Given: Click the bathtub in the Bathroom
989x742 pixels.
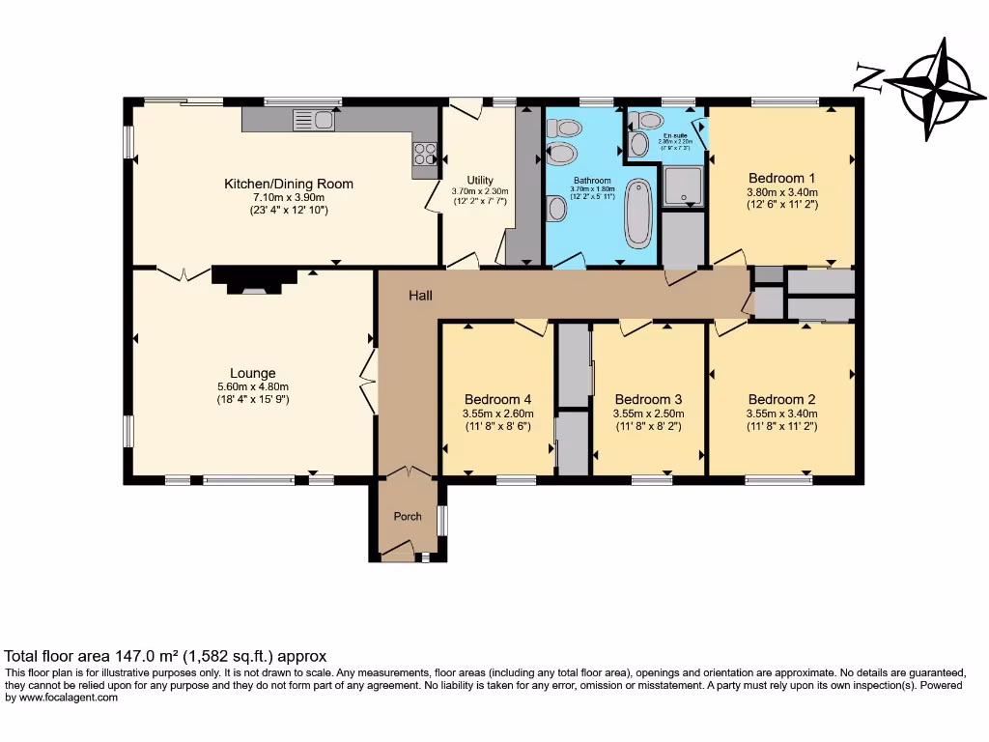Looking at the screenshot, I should pos(638,213).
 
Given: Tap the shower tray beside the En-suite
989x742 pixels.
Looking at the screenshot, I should pos(683,185).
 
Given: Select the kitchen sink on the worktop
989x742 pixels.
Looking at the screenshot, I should pos(313,120).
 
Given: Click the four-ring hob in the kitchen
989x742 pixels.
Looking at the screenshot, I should pos(424,153).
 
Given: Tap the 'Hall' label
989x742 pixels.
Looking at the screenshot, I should pos(419,295).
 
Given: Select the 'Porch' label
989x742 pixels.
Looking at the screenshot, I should pos(408,516).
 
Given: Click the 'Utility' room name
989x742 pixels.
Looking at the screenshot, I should pos(480,180).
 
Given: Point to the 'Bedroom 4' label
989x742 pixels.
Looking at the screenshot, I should pos(497,399).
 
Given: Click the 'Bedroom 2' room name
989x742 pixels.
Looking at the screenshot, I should pos(782,399).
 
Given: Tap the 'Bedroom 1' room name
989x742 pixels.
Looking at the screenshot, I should pos(782,178).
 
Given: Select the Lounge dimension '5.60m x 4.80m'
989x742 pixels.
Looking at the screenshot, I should pos(253,386).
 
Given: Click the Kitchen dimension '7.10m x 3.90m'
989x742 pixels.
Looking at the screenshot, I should pos(289,197).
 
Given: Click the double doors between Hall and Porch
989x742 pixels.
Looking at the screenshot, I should pos(408,472).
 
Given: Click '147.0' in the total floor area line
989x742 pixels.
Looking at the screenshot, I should pos(129,655).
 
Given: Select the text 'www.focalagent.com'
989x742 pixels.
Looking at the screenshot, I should pos(68,698).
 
